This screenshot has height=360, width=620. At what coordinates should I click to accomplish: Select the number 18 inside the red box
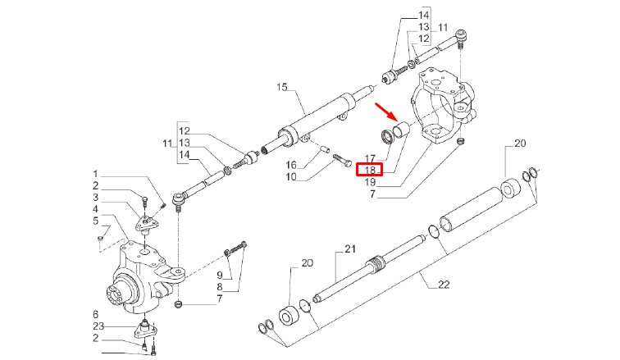370,170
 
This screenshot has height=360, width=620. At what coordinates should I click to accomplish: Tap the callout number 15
282,87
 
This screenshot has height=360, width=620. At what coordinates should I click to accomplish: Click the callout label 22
444,285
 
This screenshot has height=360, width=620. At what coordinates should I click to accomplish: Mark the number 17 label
370,159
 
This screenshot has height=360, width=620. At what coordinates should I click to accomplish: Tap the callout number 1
95,174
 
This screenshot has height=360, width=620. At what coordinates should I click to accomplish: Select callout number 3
95,198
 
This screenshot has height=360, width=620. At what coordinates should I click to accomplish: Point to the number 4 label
95,209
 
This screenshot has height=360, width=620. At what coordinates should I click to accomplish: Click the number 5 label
95,221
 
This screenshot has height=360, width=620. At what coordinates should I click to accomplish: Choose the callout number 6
95,315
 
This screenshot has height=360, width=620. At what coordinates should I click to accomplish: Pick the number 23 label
95,326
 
